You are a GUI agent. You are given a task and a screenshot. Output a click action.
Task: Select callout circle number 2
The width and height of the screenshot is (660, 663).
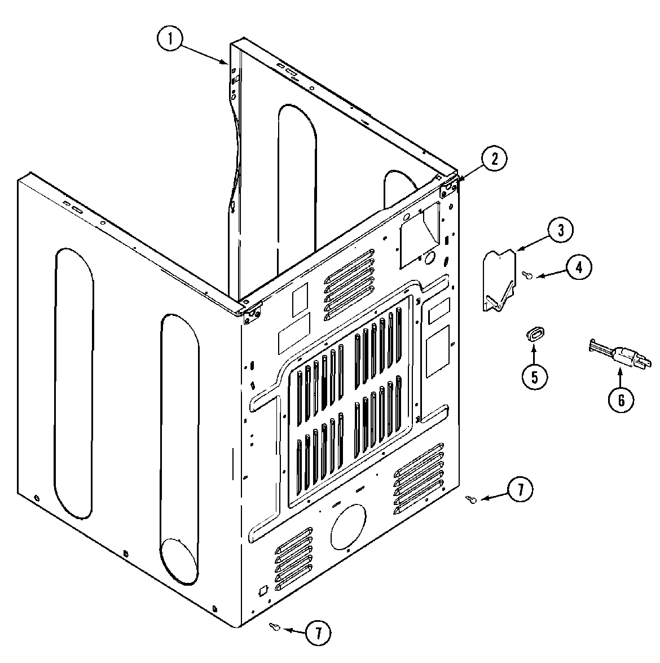tap(494, 159)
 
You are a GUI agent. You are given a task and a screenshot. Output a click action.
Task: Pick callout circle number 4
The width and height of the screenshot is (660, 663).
tap(579, 267)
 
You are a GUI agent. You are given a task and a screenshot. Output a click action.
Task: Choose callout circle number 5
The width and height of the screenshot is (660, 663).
tap(534, 376)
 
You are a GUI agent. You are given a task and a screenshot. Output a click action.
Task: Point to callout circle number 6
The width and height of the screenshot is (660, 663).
tap(621, 399)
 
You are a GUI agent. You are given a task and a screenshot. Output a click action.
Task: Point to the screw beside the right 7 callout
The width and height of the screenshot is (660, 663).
tap(472, 499)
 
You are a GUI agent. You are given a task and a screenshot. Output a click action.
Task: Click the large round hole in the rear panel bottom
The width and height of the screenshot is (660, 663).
tap(348, 526)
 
